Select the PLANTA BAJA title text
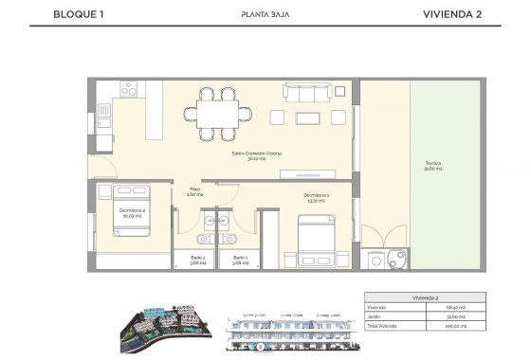(x=265, y=15)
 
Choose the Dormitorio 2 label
(x=131, y=212)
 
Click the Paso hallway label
(x=194, y=190)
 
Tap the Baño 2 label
(x=195, y=260)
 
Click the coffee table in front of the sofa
(x=309, y=117)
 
